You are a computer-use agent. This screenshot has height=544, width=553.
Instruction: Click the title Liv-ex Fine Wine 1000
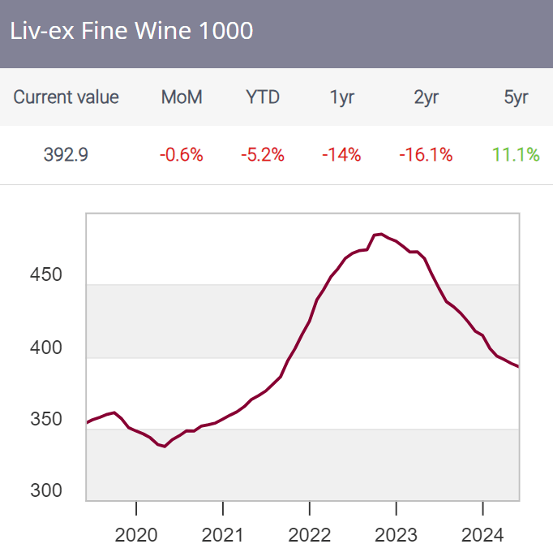[x=131, y=31]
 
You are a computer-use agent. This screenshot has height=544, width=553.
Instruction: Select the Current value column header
[x=66, y=97]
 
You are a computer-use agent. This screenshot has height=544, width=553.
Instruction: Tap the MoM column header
[x=182, y=97]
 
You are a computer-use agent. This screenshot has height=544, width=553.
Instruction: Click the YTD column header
[x=263, y=97]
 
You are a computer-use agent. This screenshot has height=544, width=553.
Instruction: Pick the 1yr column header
[x=341, y=97]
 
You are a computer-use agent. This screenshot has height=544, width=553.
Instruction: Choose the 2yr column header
[x=427, y=97]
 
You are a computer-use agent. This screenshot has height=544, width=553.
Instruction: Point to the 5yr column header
[x=516, y=97]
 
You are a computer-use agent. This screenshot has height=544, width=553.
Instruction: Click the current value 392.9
[x=66, y=154]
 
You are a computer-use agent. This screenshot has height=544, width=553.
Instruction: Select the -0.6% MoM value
[x=182, y=154]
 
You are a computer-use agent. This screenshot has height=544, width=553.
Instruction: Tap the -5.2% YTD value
[x=263, y=154]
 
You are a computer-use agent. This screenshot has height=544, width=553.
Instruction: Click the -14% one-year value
[x=341, y=154]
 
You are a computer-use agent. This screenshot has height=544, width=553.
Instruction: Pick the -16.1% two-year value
[x=427, y=154]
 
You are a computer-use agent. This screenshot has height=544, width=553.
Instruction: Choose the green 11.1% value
[x=516, y=154]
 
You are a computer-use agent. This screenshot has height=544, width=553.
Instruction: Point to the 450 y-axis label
[x=45, y=275]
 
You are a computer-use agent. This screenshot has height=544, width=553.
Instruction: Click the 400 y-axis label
[x=45, y=348]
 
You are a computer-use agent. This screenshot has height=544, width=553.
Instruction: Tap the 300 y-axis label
[x=45, y=490]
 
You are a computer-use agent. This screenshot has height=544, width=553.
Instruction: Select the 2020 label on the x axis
[x=136, y=533]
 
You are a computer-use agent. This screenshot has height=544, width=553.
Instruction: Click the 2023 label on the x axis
[x=396, y=533]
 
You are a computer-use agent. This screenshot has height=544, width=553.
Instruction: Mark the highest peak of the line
[x=380, y=234]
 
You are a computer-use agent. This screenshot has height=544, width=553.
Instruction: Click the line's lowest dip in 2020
[x=165, y=446]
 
